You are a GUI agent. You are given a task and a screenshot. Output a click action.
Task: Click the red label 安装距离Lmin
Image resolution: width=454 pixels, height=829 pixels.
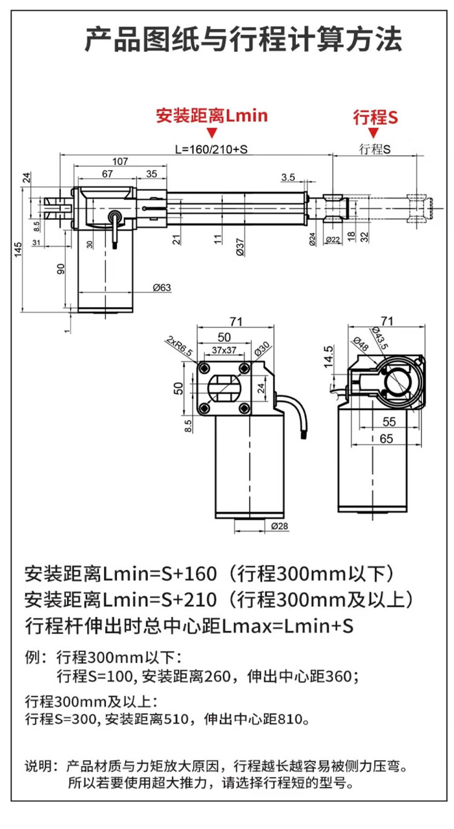tap(211, 116)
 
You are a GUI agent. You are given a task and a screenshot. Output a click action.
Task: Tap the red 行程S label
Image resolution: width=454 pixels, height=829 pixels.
tap(375, 117)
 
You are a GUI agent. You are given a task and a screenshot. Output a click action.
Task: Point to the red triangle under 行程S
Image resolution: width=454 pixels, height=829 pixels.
tap(373, 133)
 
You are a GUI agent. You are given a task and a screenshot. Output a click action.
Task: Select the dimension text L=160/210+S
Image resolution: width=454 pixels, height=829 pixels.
tap(211, 150)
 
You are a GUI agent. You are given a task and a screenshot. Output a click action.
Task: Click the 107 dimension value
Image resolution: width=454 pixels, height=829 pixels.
tap(120, 161)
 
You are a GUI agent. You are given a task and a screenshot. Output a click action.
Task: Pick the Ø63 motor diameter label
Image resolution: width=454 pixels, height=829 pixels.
tap(162, 288)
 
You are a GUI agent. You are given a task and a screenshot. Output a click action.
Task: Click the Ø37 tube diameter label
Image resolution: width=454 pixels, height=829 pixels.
tap(240, 247)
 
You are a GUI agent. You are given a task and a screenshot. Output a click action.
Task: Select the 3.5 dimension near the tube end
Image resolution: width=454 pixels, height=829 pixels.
tap(288, 177)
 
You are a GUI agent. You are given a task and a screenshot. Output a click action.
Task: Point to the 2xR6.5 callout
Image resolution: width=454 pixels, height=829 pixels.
tap(180, 346)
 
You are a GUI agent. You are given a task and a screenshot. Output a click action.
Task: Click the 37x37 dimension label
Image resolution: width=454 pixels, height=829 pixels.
tap(224, 350)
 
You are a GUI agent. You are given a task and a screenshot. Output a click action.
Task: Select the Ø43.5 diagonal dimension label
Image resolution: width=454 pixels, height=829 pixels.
tap(380, 337)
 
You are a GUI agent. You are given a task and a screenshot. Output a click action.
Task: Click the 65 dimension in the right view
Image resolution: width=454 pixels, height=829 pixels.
tap(386, 438)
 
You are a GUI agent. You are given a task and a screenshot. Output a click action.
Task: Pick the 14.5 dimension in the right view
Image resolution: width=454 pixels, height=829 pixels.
tap(329, 357)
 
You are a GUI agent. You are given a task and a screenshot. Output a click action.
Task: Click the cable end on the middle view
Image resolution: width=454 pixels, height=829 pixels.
tap(303, 434)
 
